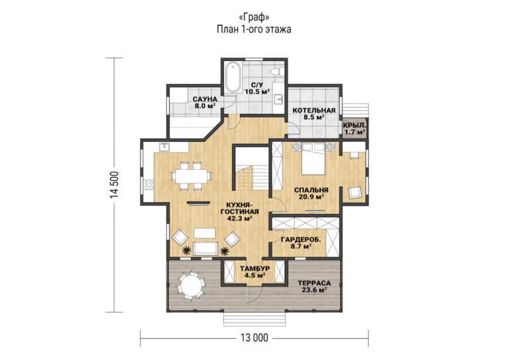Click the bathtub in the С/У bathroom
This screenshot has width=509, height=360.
233,78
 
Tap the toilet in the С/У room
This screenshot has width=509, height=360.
278,71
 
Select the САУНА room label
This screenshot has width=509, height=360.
205,99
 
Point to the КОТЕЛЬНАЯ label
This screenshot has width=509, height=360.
314,111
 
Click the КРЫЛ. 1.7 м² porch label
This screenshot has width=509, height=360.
355,129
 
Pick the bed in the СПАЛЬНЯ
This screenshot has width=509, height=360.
313,158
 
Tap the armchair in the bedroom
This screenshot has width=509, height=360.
355,192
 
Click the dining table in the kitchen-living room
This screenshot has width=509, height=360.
192,176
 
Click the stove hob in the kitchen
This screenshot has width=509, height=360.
148,186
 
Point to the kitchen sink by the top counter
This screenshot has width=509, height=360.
165,147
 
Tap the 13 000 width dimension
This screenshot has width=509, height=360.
254,338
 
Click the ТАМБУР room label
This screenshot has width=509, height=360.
254,269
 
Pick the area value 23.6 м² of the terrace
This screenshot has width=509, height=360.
314,290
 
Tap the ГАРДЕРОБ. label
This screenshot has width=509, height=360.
302,240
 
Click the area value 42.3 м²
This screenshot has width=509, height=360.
240,219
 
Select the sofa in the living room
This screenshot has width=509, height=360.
205,249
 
